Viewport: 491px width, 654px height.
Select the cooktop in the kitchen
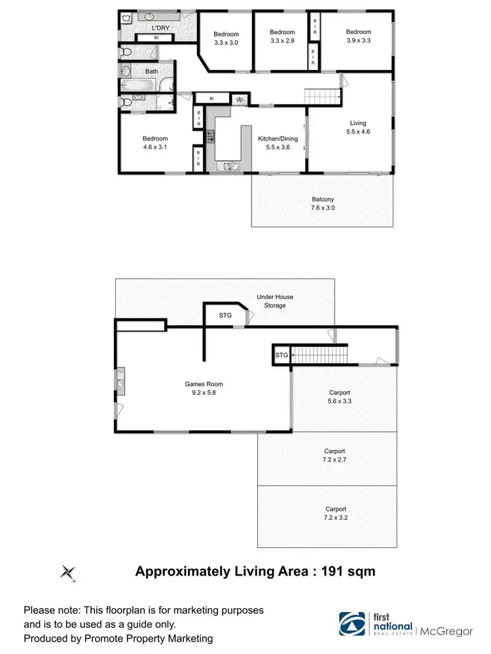pyautogui.click(x=211, y=137)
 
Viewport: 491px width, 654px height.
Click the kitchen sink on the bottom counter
pyautogui.click(x=228, y=166)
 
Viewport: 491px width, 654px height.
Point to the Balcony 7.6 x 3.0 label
pyautogui.click(x=323, y=203)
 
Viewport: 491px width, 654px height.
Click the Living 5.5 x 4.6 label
pyautogui.click(x=357, y=127)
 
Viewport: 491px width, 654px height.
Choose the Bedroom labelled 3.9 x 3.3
pyautogui.click(x=358, y=36)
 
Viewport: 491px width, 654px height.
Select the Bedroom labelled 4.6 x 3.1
pyautogui.click(x=155, y=143)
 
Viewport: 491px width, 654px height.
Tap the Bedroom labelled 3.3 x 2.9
pyautogui.click(x=282, y=36)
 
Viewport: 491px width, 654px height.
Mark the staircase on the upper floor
pyautogui.click(x=323, y=96)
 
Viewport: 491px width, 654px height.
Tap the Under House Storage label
pyautogui.click(x=274, y=301)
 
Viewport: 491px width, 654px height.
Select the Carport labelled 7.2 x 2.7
pyautogui.click(x=334, y=455)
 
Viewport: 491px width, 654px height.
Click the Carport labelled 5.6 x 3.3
pyautogui.click(x=340, y=397)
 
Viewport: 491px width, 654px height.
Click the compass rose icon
pyautogui.click(x=68, y=572)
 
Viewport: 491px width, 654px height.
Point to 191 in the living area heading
pyautogui.click(x=328, y=571)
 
